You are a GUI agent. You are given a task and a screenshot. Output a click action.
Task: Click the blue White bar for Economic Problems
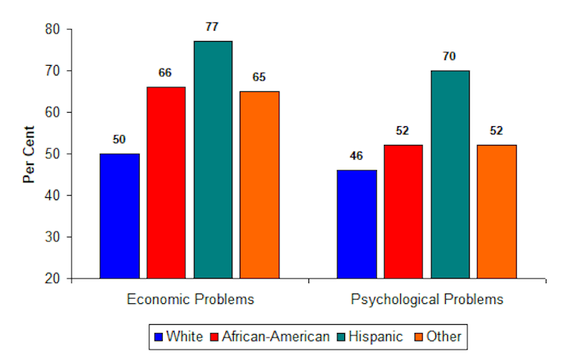click(119, 216)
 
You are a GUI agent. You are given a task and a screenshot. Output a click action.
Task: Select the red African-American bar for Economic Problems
click(166, 182)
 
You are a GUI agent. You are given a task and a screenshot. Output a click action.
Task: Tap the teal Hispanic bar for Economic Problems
click(213, 160)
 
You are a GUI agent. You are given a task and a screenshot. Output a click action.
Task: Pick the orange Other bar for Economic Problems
click(259, 184)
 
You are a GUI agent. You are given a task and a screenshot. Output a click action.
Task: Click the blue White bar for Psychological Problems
click(357, 224)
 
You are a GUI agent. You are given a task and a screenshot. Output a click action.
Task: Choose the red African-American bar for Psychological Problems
click(403, 211)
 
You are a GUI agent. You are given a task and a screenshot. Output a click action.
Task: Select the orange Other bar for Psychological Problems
click(497, 211)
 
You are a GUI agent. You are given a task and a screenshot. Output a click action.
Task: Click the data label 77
click(212, 27)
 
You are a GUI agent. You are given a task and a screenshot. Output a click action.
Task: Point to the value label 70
click(450, 56)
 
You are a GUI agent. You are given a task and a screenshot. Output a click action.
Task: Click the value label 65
click(259, 77)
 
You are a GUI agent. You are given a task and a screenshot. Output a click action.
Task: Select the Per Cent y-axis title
click(29, 154)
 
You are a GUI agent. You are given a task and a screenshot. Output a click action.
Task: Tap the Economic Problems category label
click(190, 300)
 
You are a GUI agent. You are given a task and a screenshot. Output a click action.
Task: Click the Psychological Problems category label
click(426, 300)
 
